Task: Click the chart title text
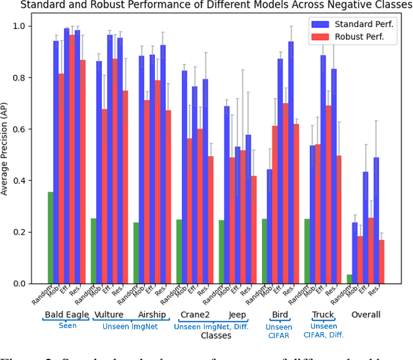click(x=206, y=5)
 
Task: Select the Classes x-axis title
click(x=216, y=335)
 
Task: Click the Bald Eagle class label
click(x=67, y=315)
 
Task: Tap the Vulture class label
click(x=109, y=315)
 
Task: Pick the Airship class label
click(x=152, y=315)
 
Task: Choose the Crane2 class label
click(x=195, y=315)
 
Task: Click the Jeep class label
click(x=238, y=315)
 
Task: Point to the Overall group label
click(x=365, y=315)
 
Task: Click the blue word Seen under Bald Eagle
click(x=67, y=326)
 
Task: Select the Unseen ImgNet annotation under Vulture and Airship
click(x=130, y=326)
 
